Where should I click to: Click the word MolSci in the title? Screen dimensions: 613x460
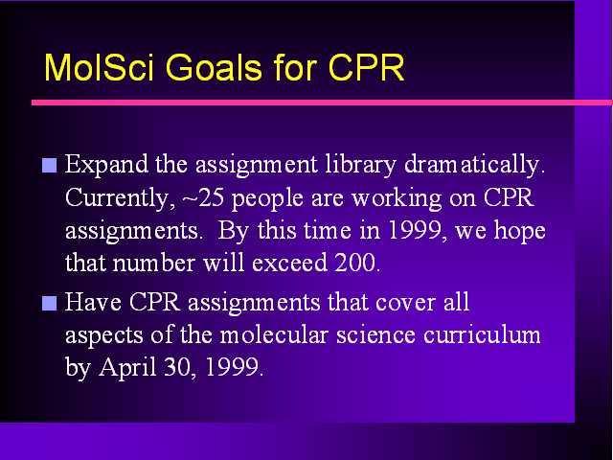[100, 67]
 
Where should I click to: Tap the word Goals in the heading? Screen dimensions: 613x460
[214, 67]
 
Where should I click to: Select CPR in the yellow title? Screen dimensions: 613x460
[366, 67]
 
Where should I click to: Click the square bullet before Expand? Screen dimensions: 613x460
[49, 166]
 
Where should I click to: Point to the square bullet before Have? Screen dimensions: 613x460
[49, 303]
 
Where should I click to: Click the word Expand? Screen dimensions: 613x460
[106, 165]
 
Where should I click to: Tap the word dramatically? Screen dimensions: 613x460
[475, 165]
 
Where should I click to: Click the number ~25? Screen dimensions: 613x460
[203, 197]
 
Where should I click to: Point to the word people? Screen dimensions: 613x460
[267, 199]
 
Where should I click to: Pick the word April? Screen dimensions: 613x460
[127, 368]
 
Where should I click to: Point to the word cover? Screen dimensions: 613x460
[405, 304]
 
